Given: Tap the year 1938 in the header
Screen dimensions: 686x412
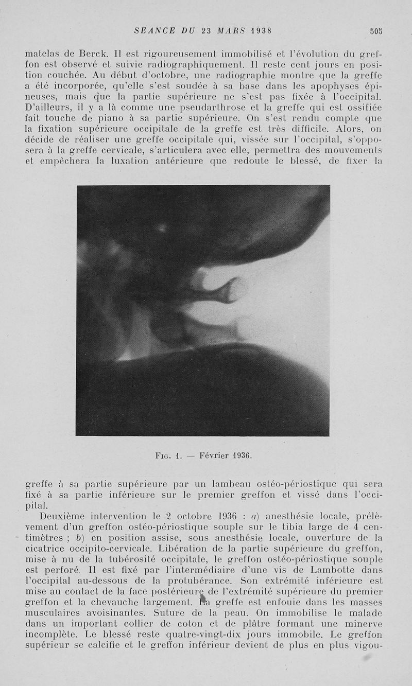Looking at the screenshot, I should tap(261, 30).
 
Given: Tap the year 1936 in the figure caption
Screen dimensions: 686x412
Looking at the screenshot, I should tap(239, 455).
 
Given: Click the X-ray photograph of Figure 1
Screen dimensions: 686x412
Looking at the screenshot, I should tap(203, 310).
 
